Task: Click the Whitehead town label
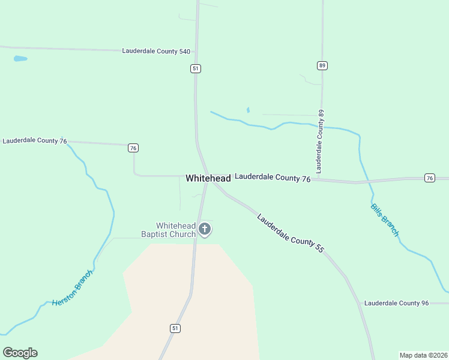click(208, 178)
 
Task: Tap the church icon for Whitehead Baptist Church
click(205, 229)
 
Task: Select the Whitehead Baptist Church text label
click(168, 230)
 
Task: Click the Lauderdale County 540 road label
click(156, 52)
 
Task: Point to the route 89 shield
click(322, 65)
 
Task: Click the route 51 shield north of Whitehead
click(196, 68)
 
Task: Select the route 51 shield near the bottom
click(175, 328)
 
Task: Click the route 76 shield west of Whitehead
click(133, 148)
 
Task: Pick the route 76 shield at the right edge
click(429, 178)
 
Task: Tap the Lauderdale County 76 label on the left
click(35, 141)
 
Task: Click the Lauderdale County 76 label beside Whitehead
click(273, 178)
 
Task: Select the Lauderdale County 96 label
click(396, 303)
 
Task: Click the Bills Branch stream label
click(384, 220)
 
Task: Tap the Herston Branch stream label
click(72, 288)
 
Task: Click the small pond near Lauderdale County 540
click(20, 59)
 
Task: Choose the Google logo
click(20, 353)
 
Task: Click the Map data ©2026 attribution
click(423, 355)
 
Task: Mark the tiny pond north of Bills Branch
click(247, 110)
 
